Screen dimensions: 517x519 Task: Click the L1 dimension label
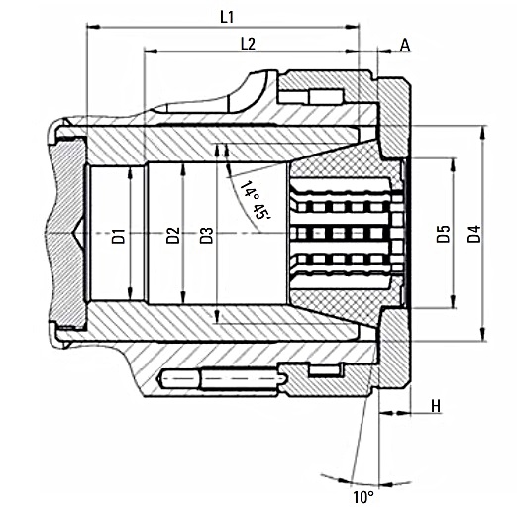click(227, 17)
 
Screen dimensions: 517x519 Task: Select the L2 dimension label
click(248, 44)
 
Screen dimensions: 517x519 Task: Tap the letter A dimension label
click(405, 45)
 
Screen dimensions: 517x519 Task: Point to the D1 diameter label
click(119, 236)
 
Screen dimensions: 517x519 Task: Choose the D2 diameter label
click(172, 236)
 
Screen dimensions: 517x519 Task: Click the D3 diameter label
click(207, 236)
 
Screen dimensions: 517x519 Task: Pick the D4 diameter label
click(474, 234)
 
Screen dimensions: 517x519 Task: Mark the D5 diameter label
click(443, 234)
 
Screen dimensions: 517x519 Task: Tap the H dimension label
click(436, 406)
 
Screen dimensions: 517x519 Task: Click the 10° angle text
click(363, 497)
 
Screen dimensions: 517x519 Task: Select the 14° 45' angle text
click(256, 200)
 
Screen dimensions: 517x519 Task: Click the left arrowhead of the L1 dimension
click(93, 27)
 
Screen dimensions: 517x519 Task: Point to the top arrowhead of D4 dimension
click(484, 132)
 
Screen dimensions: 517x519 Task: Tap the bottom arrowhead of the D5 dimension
click(454, 302)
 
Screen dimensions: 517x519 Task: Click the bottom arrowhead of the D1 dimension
click(130, 293)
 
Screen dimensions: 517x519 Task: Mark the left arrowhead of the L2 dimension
click(151, 52)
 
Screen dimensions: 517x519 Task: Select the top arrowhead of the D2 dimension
click(181, 169)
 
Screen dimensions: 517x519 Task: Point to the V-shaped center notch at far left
click(78, 234)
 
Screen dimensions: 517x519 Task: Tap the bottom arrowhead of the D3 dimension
click(217, 317)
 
